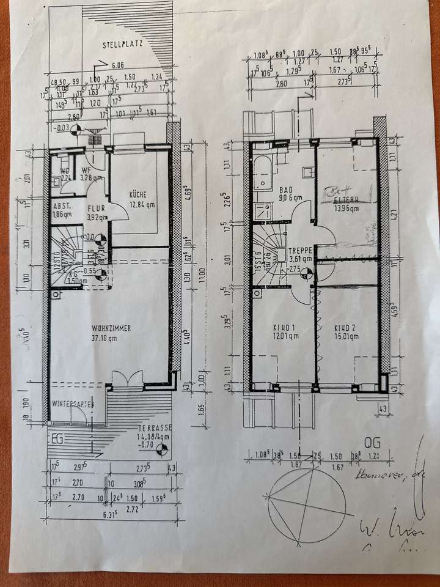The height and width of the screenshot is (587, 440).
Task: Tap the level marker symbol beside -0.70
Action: tap(161, 451)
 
